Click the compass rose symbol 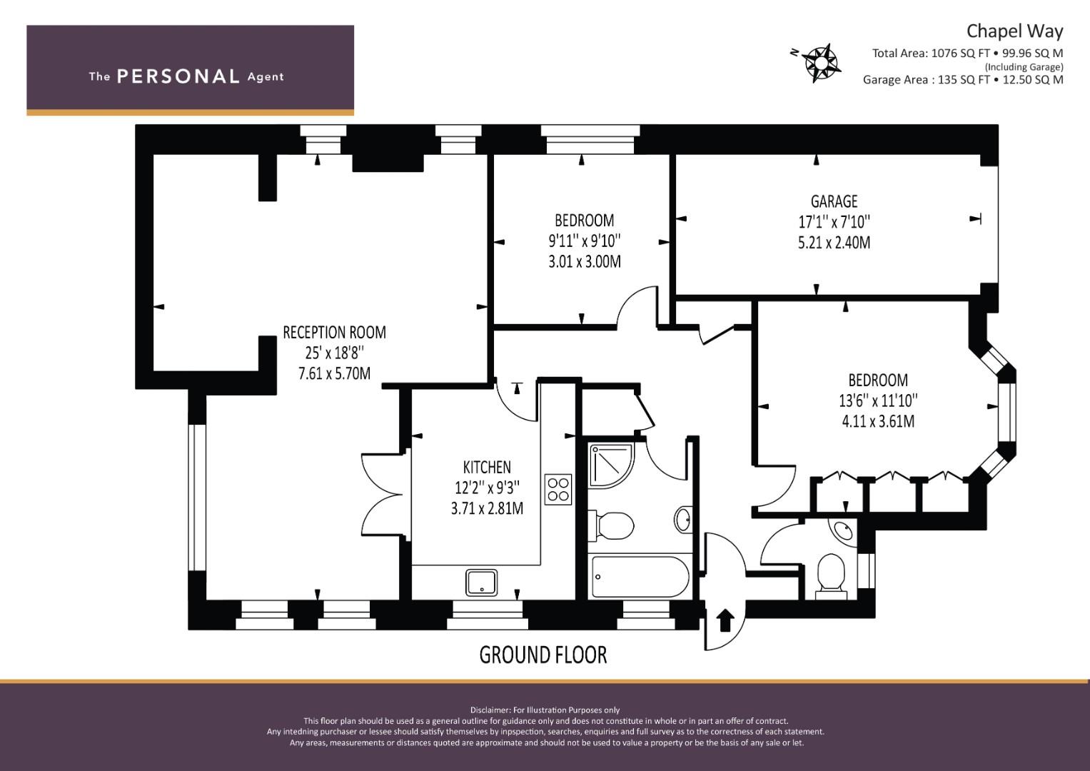(820, 64)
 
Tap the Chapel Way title (1014, 31)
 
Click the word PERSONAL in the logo (178, 76)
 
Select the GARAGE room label (834, 201)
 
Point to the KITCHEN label (487, 468)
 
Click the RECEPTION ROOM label (334, 333)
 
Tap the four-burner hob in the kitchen (558, 489)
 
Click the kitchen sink (481, 583)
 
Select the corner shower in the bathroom (611, 465)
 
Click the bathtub (640, 578)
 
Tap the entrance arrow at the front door (725, 620)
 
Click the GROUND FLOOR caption (543, 655)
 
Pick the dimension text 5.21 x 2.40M (834, 243)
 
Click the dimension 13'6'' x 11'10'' (878, 400)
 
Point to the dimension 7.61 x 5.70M (334, 373)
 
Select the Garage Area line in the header (963, 80)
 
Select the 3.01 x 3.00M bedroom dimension (585, 262)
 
